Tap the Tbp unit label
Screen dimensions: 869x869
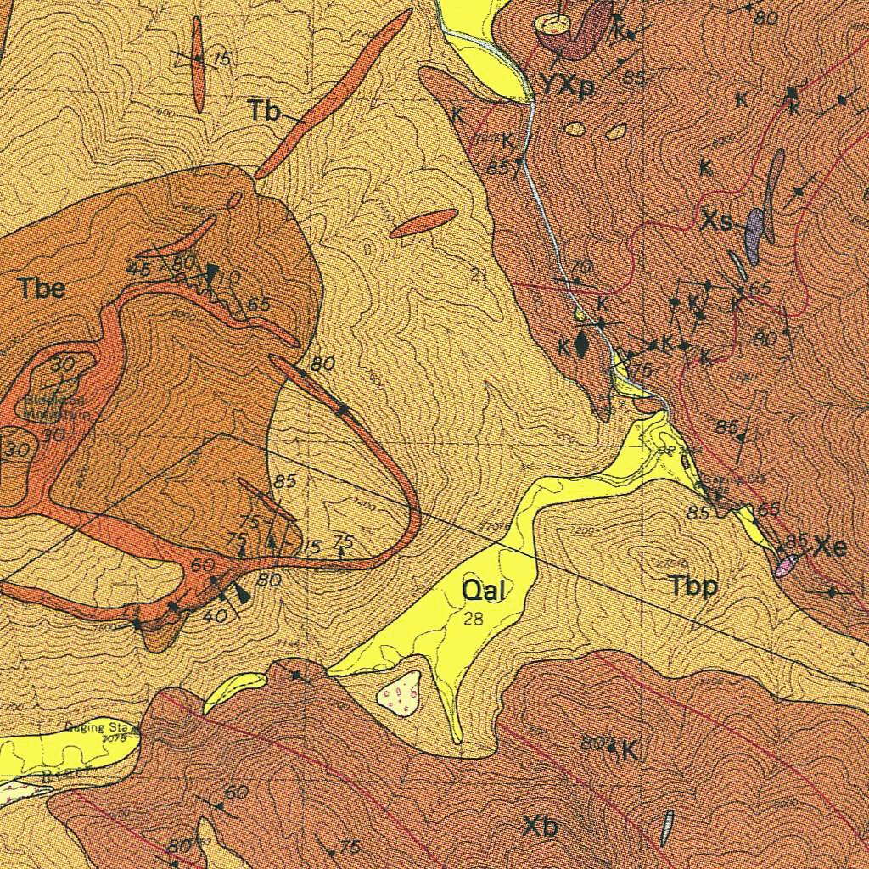(692, 586)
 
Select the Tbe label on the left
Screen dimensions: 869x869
(42, 288)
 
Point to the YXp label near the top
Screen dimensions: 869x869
(567, 87)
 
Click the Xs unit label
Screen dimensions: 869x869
(716, 222)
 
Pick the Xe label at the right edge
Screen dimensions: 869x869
(829, 547)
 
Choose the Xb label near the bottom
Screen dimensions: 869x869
(541, 826)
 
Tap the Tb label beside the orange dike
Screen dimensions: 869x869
(265, 109)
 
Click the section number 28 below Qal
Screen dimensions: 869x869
(474, 619)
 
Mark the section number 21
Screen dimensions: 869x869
(479, 273)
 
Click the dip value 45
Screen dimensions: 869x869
(138, 268)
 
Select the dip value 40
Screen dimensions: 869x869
(215, 616)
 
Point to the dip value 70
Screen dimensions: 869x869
(580, 266)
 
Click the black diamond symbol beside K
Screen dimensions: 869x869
(581, 344)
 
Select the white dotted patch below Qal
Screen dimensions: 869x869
(399, 691)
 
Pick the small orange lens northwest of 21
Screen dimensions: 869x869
(423, 223)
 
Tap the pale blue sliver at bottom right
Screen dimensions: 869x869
(667, 827)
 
